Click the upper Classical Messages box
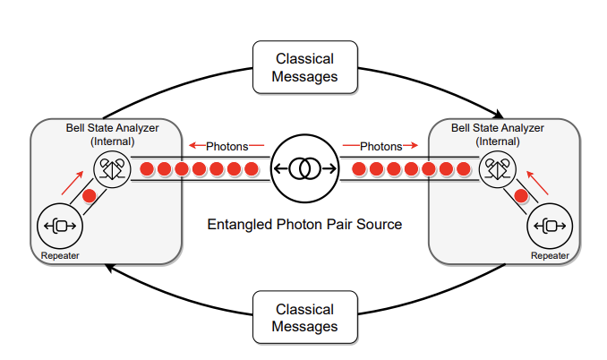[x=305, y=67]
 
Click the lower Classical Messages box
[x=305, y=317]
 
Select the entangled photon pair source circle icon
[x=304, y=168]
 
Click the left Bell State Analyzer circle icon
[x=112, y=168]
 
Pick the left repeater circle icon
[x=59, y=226]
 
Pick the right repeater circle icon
[x=549, y=226]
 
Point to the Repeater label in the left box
[x=60, y=257]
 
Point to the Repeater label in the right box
[x=550, y=256]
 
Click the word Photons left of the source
[x=226, y=145]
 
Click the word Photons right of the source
[x=382, y=145]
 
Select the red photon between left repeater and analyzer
[x=89, y=195]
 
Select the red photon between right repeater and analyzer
[x=520, y=195]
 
